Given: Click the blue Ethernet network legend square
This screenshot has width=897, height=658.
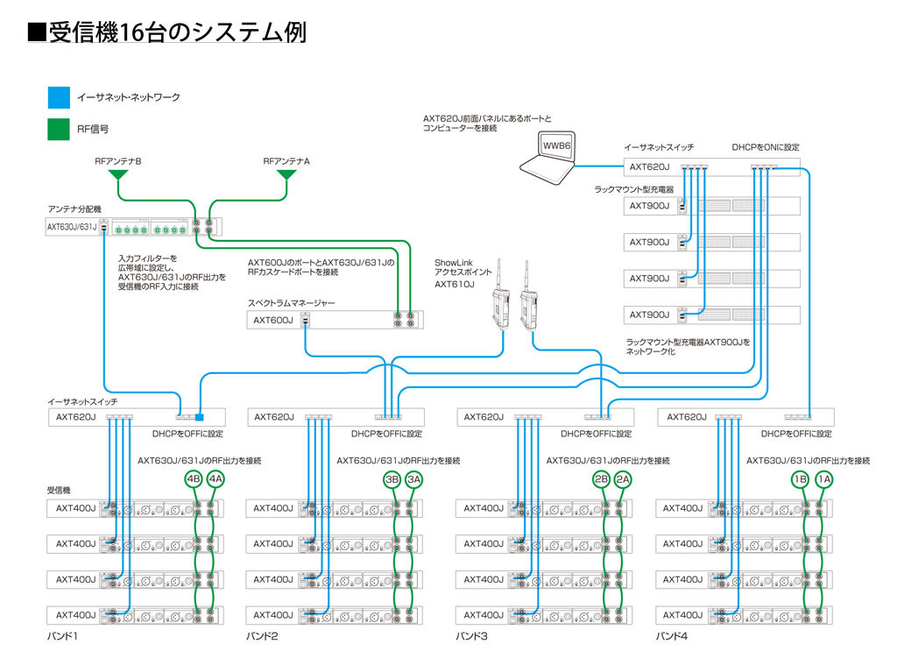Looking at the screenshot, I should pos(58,97).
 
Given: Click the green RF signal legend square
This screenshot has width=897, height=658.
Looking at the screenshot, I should pos(58,129).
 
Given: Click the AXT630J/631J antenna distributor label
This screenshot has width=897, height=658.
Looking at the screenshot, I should pos(74,227).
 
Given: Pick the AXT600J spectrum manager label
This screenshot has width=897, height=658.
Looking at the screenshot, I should pos(273,320).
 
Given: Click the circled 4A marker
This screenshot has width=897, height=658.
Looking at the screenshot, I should pos(215,479).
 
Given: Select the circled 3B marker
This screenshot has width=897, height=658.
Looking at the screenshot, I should pos(393,479).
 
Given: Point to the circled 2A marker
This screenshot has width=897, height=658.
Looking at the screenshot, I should pos(623,479).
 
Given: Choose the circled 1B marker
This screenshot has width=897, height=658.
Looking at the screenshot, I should pos(800,479).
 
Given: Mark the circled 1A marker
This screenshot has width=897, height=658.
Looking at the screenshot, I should pos(823,479).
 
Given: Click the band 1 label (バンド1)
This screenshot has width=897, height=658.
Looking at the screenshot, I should pos(63,636).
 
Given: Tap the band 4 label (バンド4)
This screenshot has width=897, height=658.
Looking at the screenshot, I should pos(672,636).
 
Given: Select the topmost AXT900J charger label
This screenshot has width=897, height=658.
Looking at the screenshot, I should pos(649,206).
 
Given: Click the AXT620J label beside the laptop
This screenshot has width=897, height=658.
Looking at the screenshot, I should pos(649,166).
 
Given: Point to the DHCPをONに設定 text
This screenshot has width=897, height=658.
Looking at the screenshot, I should pos(766,147).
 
